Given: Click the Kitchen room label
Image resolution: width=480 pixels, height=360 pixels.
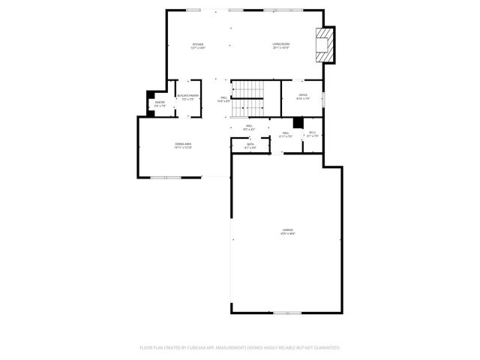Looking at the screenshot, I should (198, 44).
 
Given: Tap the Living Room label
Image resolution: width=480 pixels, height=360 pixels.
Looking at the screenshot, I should (281, 44).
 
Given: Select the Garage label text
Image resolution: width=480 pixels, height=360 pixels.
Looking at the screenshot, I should (288, 229).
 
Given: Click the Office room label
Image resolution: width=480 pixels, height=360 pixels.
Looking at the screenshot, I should (303, 95).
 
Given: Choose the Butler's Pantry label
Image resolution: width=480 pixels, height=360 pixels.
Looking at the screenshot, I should (187, 96).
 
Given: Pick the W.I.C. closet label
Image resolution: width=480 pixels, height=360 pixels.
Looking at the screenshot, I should (313, 133).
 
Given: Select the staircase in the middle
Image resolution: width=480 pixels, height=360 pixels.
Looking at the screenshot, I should (247, 99).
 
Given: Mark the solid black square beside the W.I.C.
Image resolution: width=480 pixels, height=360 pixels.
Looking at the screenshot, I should (298, 121).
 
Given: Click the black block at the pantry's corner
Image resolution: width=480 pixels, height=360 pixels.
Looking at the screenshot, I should (150, 94).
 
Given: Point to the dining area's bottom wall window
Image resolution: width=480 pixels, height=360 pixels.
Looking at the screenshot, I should (166, 177).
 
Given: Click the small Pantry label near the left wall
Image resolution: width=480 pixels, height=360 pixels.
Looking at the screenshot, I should (160, 102).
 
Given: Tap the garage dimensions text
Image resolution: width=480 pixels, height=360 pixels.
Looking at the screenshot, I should (288, 234).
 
